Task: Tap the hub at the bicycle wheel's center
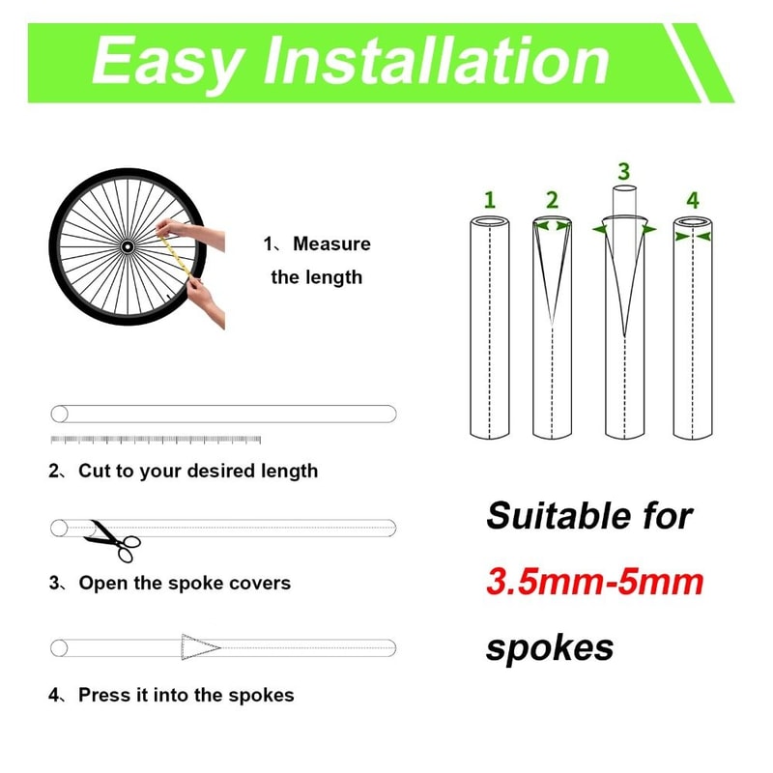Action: (x=127, y=247)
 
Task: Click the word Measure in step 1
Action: (x=331, y=244)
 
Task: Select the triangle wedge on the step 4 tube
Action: (x=200, y=646)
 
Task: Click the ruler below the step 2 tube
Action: (x=156, y=440)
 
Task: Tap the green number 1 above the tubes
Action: (x=490, y=200)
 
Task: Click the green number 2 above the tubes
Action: (x=552, y=200)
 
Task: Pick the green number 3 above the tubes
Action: (x=623, y=171)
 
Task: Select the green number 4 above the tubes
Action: (x=692, y=200)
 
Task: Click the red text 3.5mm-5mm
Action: (x=594, y=583)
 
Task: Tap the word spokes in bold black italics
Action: (x=549, y=646)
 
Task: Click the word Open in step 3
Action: (x=100, y=584)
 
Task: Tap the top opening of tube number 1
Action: (x=490, y=223)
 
